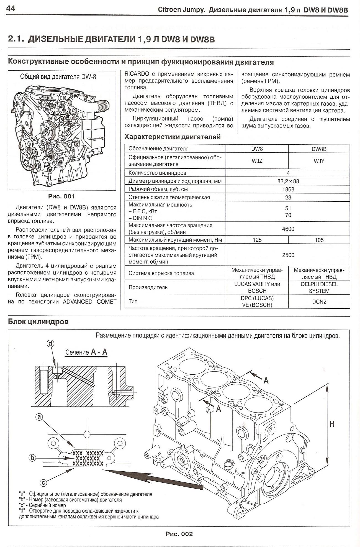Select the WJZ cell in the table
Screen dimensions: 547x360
[x=257, y=161]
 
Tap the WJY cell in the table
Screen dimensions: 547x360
[x=319, y=161]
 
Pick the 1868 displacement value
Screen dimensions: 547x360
[x=288, y=190]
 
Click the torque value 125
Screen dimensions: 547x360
[x=257, y=240]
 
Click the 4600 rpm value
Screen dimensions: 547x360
[x=288, y=229]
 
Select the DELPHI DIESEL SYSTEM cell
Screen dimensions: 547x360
[x=319, y=288]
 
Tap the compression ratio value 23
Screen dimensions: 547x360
[x=288, y=198]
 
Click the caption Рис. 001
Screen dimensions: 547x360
[x=61, y=196]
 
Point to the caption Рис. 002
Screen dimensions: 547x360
[x=179, y=534]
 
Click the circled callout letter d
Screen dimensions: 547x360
[x=50, y=344]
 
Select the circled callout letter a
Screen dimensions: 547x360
[x=40, y=416]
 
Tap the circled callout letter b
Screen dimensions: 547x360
[x=32, y=458]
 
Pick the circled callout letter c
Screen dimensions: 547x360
[x=43, y=483]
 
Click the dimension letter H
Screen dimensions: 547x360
[x=332, y=424]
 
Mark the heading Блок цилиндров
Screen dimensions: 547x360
[x=38, y=322]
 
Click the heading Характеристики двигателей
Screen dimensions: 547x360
[x=173, y=137]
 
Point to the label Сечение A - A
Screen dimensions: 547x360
[x=86, y=352]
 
